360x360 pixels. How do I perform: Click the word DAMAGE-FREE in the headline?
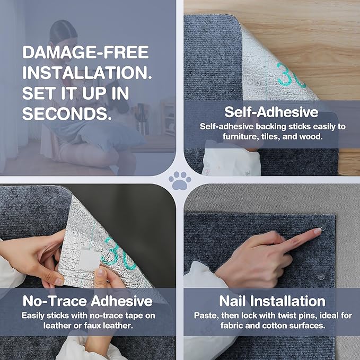pyautogui.click(x=86, y=52)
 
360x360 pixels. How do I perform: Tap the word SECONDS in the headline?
pyautogui.click(x=65, y=113)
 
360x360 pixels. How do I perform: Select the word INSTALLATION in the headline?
pyautogui.click(x=87, y=73)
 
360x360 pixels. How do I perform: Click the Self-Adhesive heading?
pyautogui.click(x=271, y=112)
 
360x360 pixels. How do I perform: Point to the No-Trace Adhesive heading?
pyautogui.click(x=87, y=301)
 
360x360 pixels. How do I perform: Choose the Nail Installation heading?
pyautogui.click(x=273, y=301)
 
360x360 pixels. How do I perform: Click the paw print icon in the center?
pyautogui.click(x=180, y=180)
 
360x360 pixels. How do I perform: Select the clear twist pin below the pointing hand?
pyautogui.click(x=321, y=277)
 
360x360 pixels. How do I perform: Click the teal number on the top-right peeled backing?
pyautogui.click(x=291, y=75)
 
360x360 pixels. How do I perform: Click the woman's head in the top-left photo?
pyautogui.click(x=64, y=34)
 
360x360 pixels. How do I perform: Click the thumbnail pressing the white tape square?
pyautogui.click(x=101, y=273)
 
